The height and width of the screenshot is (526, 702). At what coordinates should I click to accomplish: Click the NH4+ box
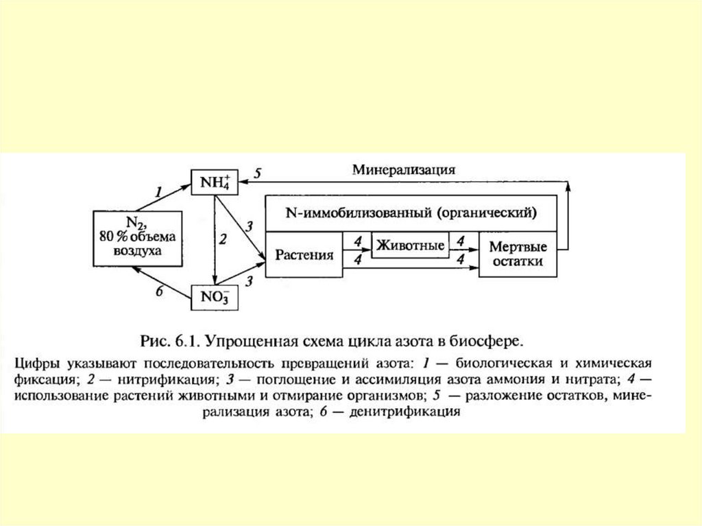pos(215,183)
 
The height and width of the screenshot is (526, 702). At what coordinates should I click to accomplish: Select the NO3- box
pos(215,298)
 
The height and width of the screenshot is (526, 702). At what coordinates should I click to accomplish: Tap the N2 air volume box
pos(138,237)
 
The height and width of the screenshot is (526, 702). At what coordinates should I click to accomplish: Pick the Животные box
pos(410,244)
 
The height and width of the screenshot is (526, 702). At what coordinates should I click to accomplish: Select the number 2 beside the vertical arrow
pos(223,239)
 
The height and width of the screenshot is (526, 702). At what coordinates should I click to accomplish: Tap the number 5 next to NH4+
pos(256,174)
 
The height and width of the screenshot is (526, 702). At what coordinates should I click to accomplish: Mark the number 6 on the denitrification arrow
pos(159,291)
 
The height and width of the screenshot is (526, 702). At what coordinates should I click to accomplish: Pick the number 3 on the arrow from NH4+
pos(250,226)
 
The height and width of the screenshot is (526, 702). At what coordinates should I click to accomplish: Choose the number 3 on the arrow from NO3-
pos(250,280)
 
